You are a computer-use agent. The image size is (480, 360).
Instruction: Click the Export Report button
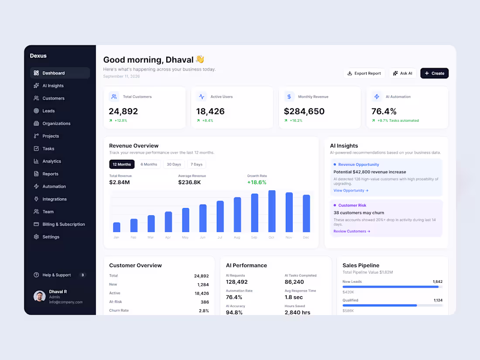click(x=364, y=73)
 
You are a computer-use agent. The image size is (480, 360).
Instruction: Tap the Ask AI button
click(x=403, y=73)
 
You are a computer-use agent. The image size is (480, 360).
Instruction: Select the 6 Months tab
click(x=149, y=165)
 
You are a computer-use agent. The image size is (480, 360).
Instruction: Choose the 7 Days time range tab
click(x=196, y=165)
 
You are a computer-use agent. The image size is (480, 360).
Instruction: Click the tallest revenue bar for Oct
click(x=272, y=211)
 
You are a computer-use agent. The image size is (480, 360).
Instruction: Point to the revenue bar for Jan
click(x=117, y=227)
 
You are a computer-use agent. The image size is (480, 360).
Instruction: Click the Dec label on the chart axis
click(x=306, y=237)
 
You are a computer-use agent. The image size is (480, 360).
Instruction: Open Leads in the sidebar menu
click(x=48, y=111)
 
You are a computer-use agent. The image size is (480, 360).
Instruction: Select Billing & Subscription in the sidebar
click(x=63, y=224)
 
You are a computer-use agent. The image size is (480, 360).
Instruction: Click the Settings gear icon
click(x=36, y=237)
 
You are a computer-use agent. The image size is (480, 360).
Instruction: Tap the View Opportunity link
click(x=351, y=190)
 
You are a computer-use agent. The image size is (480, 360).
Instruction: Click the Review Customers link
click(x=352, y=231)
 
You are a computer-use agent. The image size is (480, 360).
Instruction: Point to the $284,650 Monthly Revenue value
click(x=304, y=111)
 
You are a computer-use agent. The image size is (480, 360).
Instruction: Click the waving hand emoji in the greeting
click(x=200, y=59)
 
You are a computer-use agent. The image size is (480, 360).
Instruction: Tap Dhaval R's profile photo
click(x=39, y=296)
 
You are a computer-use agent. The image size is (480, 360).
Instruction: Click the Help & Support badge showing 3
click(x=82, y=275)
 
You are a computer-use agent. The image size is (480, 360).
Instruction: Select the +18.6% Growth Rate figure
click(x=257, y=182)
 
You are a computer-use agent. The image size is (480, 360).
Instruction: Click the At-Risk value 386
click(x=205, y=302)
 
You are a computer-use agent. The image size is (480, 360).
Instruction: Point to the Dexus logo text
click(x=38, y=56)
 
